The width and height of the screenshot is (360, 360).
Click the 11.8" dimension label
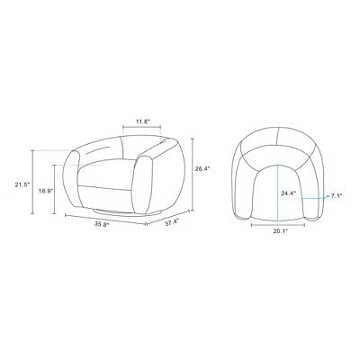click(x=143, y=121)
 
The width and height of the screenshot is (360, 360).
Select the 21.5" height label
click(x=22, y=184)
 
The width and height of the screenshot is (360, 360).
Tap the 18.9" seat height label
click(x=46, y=191)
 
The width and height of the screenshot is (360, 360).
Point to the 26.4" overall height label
click(x=202, y=169)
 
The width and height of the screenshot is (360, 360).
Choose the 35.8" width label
click(x=102, y=224)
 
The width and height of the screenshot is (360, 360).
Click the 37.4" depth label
click(x=172, y=222)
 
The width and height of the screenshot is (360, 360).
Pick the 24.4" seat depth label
click(x=289, y=193)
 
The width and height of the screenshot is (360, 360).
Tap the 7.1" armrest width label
click(x=337, y=196)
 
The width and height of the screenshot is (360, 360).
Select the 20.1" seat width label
click(x=280, y=230)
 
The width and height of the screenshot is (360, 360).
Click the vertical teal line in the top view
click(x=278, y=193)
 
